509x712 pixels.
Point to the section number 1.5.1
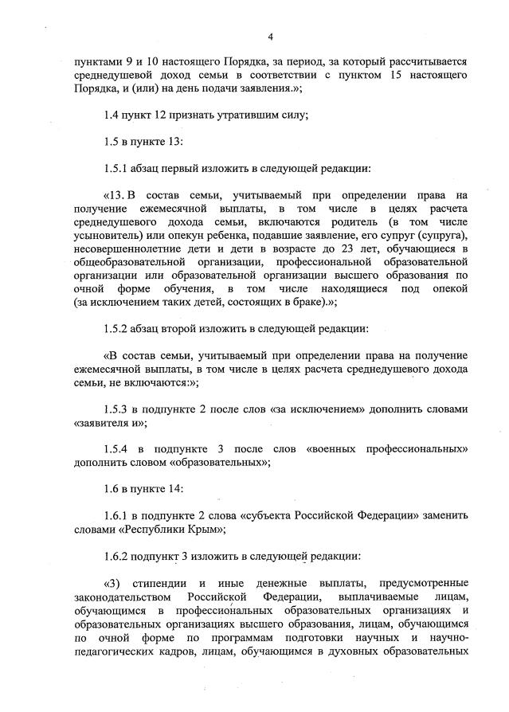pyautogui.click(x=117, y=169)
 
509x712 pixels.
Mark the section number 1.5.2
pyautogui.click(x=117, y=327)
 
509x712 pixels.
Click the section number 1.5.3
pyautogui.click(x=118, y=409)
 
